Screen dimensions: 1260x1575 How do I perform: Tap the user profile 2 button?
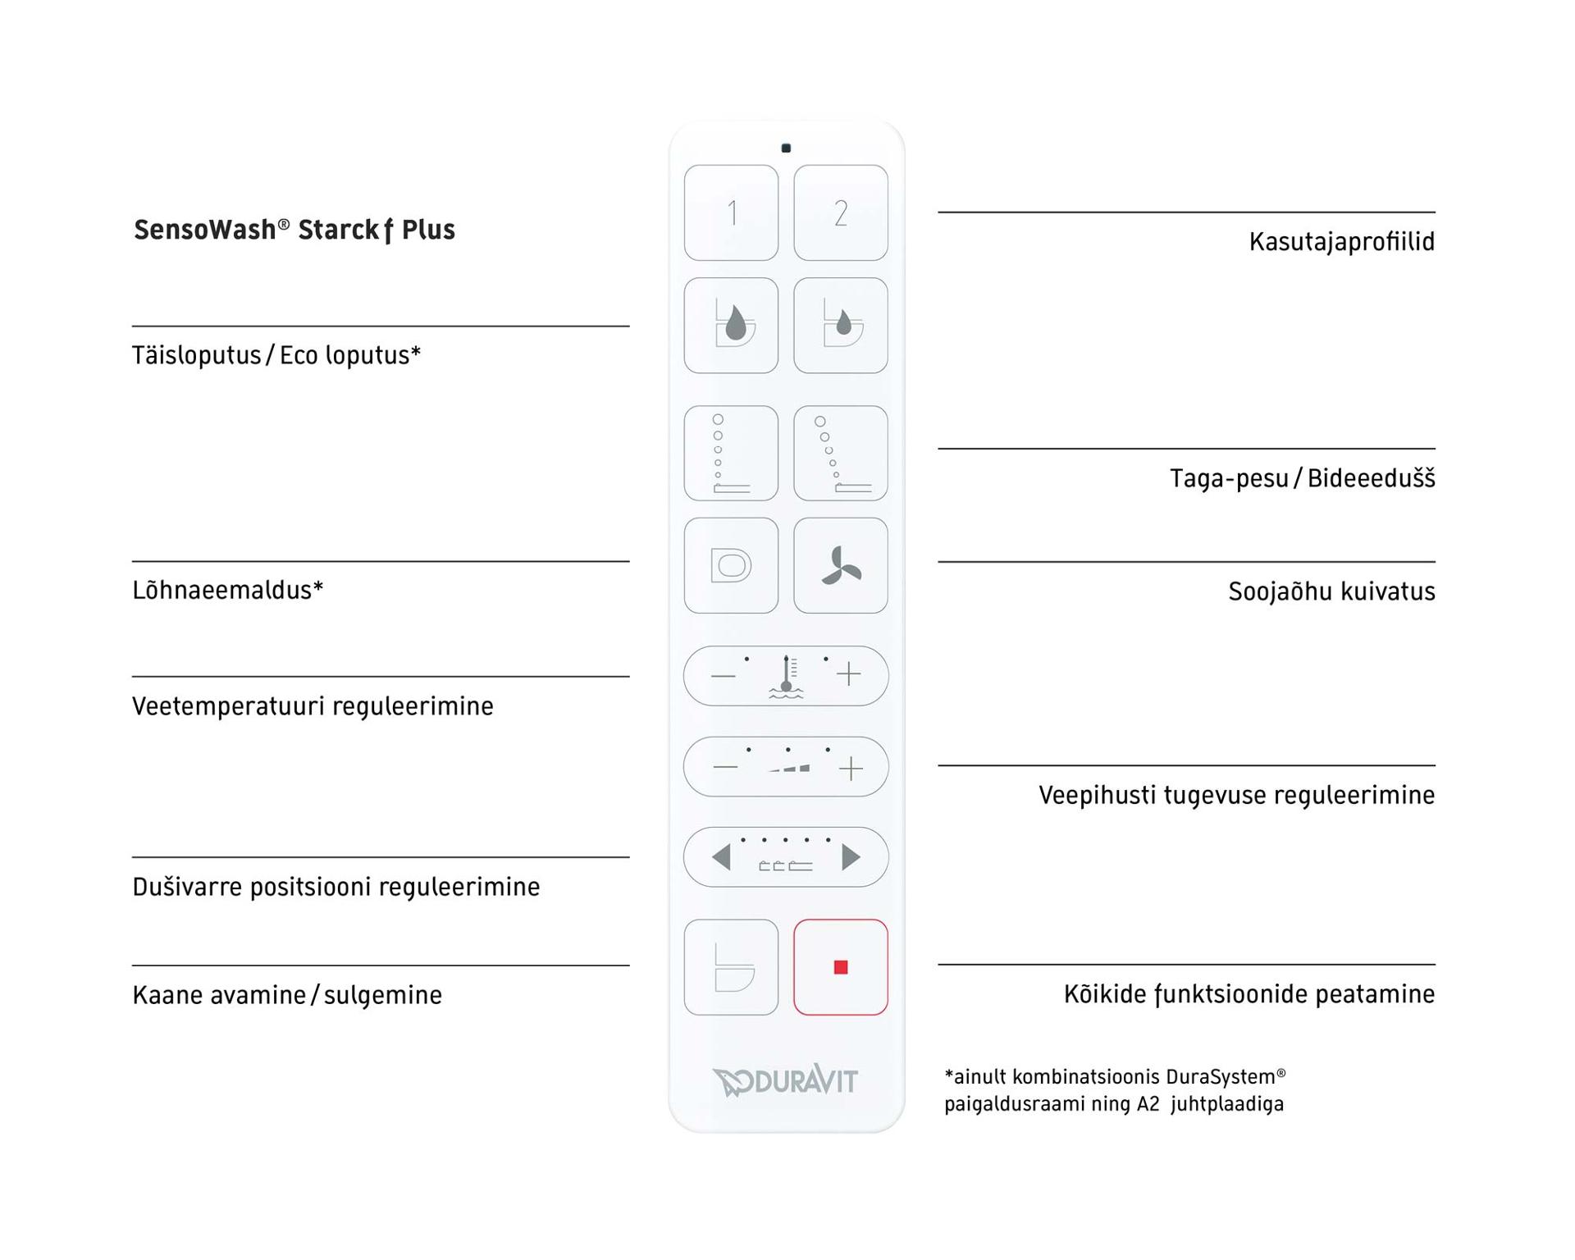(840, 213)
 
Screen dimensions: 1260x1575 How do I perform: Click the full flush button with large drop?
(731, 326)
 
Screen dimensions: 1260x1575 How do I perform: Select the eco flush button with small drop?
(840, 326)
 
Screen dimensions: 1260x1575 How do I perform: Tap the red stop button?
(840, 967)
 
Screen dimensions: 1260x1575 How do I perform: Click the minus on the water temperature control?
(723, 676)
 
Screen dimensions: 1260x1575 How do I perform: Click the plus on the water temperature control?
(849, 674)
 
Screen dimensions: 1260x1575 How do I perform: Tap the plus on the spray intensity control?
(851, 768)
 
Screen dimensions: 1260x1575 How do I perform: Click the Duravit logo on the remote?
(785, 1081)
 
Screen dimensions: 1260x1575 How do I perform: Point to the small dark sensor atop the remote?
(786, 148)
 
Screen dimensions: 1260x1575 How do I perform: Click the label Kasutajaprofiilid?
(1341, 242)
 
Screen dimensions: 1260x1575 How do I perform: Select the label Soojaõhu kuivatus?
(1331, 591)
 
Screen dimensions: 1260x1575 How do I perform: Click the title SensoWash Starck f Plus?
(294, 231)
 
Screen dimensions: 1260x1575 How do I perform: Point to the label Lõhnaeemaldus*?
(228, 590)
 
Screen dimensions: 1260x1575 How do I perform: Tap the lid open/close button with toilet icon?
(731, 967)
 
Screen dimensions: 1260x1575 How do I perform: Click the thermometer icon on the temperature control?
(786, 677)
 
